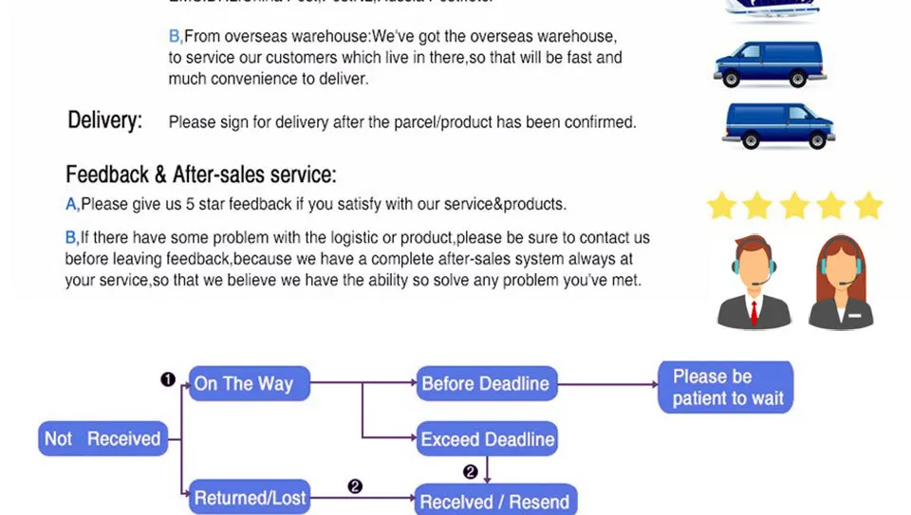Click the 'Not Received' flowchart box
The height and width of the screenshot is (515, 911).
click(103, 438)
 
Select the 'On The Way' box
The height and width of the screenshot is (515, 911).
click(250, 384)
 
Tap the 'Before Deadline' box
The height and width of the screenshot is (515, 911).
click(486, 384)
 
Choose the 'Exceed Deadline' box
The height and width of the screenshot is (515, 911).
click(487, 439)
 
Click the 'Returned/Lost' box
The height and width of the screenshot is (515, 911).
click(250, 498)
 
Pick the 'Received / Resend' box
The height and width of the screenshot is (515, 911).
click(494, 502)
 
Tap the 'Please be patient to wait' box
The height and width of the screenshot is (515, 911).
click(725, 387)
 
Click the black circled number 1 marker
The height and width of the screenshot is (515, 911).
click(168, 379)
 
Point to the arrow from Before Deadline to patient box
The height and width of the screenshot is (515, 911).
click(607, 384)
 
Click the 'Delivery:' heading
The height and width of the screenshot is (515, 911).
click(104, 120)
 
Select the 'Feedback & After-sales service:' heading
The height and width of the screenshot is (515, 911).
click(200, 175)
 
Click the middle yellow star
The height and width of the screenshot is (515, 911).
click(794, 205)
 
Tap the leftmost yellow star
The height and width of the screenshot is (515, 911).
click(722, 205)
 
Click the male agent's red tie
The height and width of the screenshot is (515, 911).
click(754, 310)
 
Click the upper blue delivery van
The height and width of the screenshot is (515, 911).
click(769, 64)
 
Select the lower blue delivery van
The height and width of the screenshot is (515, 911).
click(778, 124)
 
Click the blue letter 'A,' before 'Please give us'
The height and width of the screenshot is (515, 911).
click(72, 204)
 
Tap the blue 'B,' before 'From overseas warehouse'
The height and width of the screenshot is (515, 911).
click(176, 36)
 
